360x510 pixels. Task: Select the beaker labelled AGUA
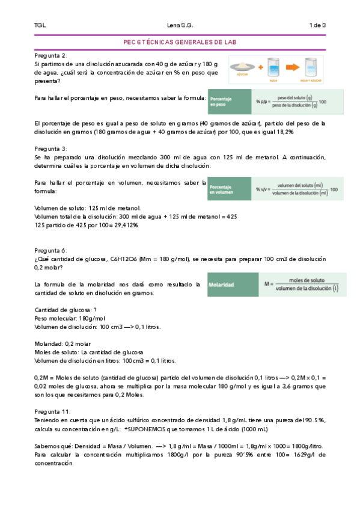(x=273, y=68)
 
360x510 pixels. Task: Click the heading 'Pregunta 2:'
(x=50, y=55)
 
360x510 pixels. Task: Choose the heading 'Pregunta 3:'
(x=50, y=147)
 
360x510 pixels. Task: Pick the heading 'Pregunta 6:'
(x=50, y=250)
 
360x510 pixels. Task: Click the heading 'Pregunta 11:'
(x=52, y=412)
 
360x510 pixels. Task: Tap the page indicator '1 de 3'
(x=317, y=25)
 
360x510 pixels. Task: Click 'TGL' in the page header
(x=40, y=25)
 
